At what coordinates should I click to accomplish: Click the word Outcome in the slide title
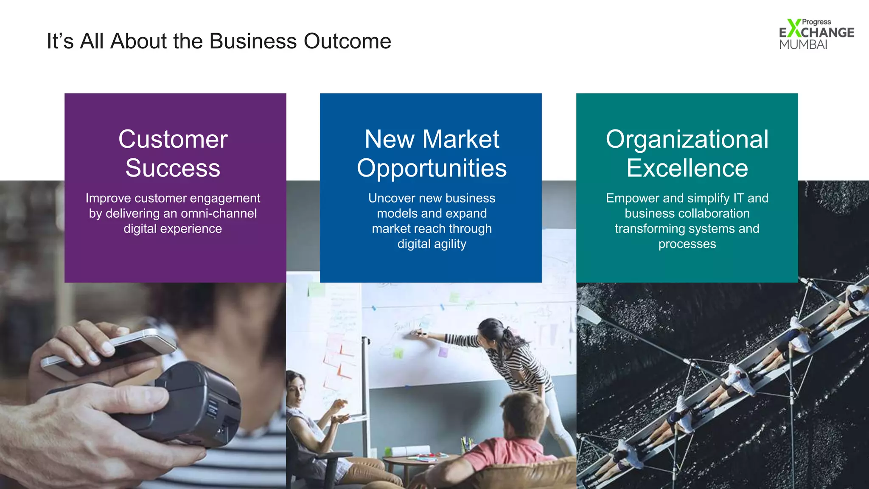coord(347,41)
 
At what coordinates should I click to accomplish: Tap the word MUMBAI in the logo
coord(803,45)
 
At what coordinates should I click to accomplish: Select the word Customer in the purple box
coord(173,139)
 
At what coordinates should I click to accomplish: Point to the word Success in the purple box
coord(173,168)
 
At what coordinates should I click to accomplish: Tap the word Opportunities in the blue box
coord(432,168)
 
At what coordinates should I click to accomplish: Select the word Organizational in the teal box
coord(687,139)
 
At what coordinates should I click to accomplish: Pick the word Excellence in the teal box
coord(687,168)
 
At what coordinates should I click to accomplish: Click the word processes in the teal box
coord(687,244)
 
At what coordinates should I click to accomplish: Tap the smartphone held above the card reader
coord(110,352)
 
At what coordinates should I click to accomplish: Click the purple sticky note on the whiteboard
coord(443,352)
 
